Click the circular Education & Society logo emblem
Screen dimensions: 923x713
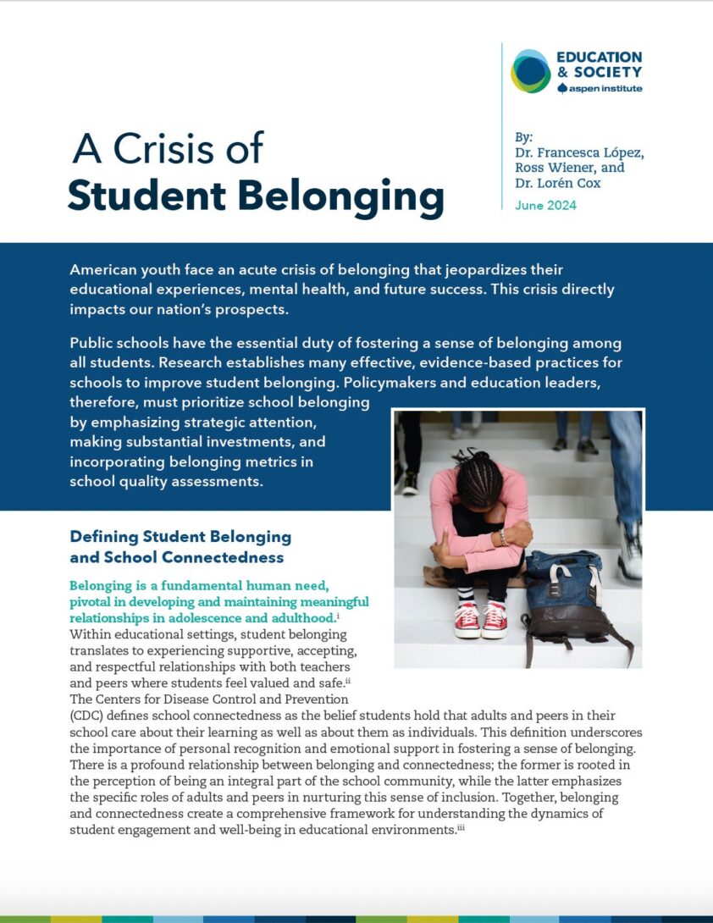pyautogui.click(x=531, y=70)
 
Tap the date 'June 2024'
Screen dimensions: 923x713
pyautogui.click(x=545, y=205)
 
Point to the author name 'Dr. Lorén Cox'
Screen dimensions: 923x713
pyautogui.click(x=558, y=183)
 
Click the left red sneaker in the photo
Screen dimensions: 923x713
pyautogui.click(x=467, y=621)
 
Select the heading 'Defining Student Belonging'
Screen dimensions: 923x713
pyautogui.click(x=180, y=537)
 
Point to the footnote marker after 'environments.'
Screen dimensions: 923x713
pyautogui.click(x=461, y=828)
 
